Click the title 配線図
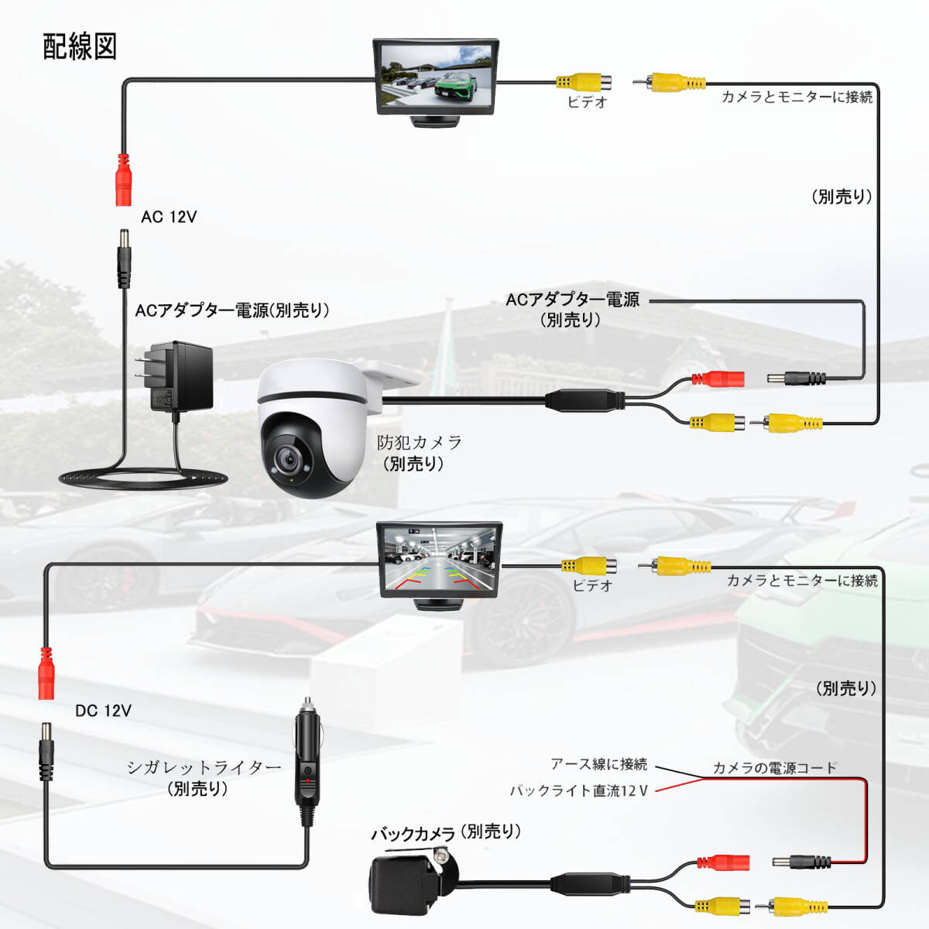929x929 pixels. click(80, 46)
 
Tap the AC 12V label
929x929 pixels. click(169, 217)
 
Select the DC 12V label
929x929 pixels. click(103, 711)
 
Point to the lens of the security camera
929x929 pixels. click(289, 458)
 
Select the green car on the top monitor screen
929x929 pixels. click(455, 86)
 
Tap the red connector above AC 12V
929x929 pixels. click(123, 180)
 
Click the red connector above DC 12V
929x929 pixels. click(46, 674)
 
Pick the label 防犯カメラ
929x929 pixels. click(419, 442)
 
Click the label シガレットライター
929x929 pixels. click(204, 767)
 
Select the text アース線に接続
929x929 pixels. click(599, 764)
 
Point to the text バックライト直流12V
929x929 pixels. click(579, 790)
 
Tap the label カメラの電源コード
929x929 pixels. click(775, 768)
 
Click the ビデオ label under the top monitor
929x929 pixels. click(587, 102)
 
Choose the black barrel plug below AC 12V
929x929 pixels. click(124, 259)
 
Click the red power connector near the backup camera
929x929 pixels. click(722, 862)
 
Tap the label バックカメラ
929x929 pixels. click(413, 834)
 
